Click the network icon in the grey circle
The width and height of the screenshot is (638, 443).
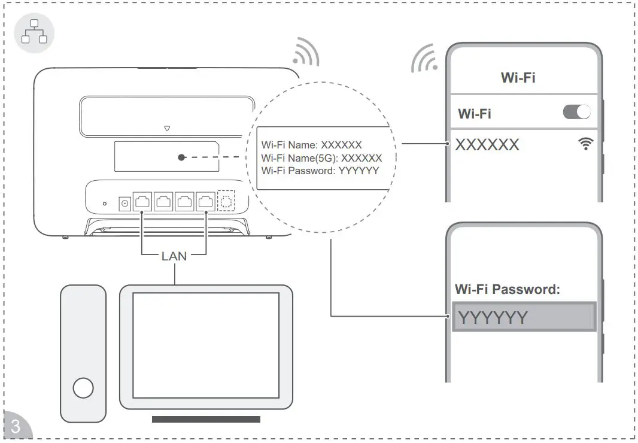(x=34, y=32)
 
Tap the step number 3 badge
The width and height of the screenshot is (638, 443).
(x=16, y=427)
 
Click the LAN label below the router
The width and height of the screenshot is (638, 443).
(x=174, y=256)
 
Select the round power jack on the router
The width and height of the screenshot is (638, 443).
(x=125, y=203)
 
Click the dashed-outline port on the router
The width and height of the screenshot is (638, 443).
(x=226, y=202)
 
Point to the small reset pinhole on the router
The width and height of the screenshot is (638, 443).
(x=105, y=204)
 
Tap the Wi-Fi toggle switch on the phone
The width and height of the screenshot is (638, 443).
(x=576, y=112)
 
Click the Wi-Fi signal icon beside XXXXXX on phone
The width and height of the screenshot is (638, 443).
(x=586, y=144)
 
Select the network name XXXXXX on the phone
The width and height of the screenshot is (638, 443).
(x=487, y=145)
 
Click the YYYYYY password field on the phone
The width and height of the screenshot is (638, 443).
(x=524, y=317)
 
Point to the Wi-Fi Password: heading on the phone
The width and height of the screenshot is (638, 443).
(x=508, y=289)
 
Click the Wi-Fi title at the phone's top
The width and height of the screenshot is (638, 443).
(x=518, y=77)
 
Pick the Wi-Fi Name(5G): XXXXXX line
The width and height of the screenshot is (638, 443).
(x=321, y=158)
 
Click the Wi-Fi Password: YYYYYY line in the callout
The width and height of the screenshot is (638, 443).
(x=320, y=171)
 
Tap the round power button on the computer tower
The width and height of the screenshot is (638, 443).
(x=83, y=388)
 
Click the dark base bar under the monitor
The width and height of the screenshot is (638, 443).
(x=206, y=420)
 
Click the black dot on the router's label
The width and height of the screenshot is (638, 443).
(x=181, y=158)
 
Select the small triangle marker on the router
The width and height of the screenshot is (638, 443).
(x=167, y=128)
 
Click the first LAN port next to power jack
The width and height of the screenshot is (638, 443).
(x=142, y=202)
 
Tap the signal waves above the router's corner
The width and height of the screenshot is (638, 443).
(x=306, y=53)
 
